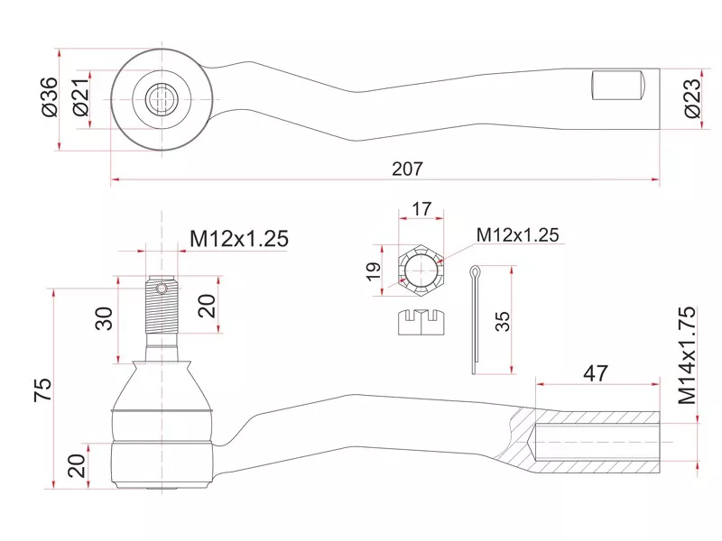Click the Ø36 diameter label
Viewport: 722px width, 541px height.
(x=50, y=96)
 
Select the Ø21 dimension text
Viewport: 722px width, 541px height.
(x=80, y=97)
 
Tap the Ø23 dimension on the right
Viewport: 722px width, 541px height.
(x=691, y=98)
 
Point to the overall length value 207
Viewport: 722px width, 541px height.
(x=407, y=169)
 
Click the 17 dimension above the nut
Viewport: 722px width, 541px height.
(x=421, y=209)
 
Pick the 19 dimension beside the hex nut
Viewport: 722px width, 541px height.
(x=374, y=270)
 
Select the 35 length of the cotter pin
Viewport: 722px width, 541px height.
(x=503, y=321)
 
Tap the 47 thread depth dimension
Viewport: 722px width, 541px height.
(x=596, y=373)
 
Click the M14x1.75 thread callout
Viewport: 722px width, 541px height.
(x=687, y=355)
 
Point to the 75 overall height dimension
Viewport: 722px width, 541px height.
(x=42, y=390)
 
